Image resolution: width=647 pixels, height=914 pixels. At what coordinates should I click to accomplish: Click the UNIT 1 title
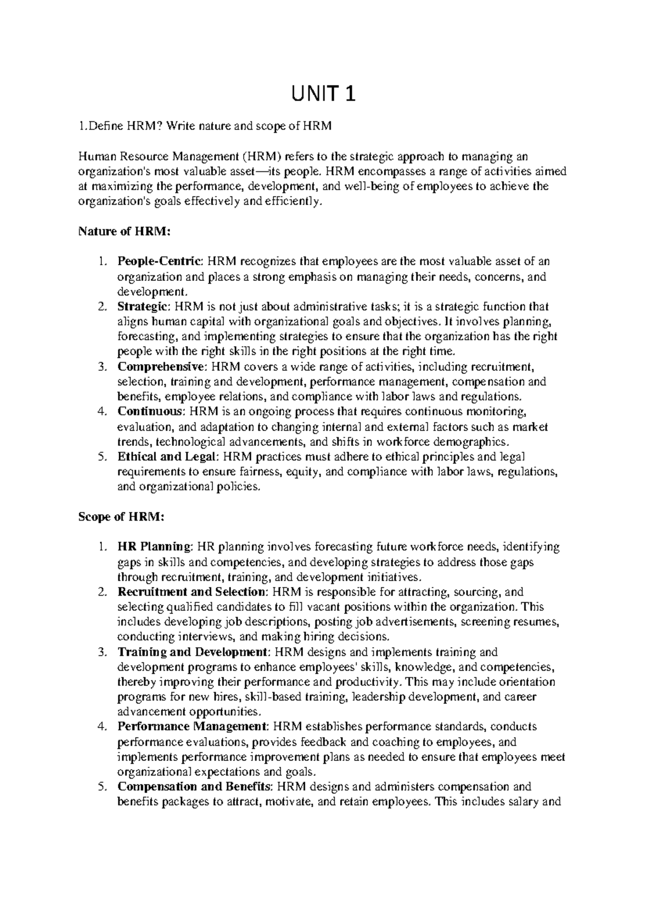pyautogui.click(x=323, y=95)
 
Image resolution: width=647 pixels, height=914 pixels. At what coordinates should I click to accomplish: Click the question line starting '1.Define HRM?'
pyautogui.click(x=205, y=127)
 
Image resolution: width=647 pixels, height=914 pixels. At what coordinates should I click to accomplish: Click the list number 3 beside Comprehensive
pyautogui.click(x=101, y=367)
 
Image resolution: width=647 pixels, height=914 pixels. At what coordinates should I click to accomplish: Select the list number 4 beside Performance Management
pyautogui.click(x=101, y=726)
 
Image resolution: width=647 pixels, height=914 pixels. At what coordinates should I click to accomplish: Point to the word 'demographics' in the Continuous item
pyautogui.click(x=477, y=442)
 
